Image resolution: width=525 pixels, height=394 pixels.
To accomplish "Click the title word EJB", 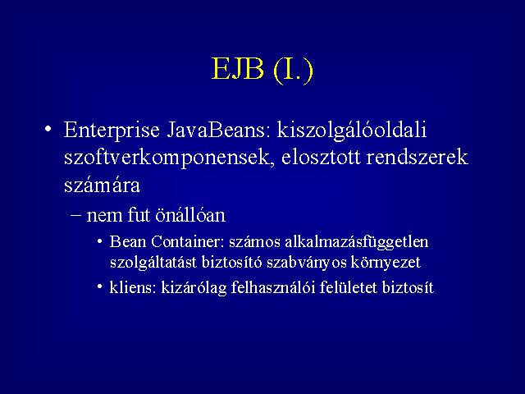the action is pos(238,69).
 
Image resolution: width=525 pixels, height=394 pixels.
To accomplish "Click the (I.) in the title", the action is pos(294,71).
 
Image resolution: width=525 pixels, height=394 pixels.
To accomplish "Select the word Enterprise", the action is pos(112,131).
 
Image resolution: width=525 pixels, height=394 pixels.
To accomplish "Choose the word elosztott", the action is pos(321,157).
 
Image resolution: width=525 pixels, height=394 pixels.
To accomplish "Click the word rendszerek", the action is pos(417,157).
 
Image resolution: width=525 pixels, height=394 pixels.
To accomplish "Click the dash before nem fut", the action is pos(76,215).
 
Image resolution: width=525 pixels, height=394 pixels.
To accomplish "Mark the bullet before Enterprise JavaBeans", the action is pos(48,129).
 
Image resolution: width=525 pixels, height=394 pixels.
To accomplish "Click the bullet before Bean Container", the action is pos(100,241).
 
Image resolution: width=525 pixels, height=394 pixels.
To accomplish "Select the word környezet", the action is pos(386,263).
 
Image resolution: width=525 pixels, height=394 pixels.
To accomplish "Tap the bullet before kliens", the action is pos(100,286).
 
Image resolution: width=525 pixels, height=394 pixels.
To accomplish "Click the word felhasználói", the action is pos(273,288).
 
